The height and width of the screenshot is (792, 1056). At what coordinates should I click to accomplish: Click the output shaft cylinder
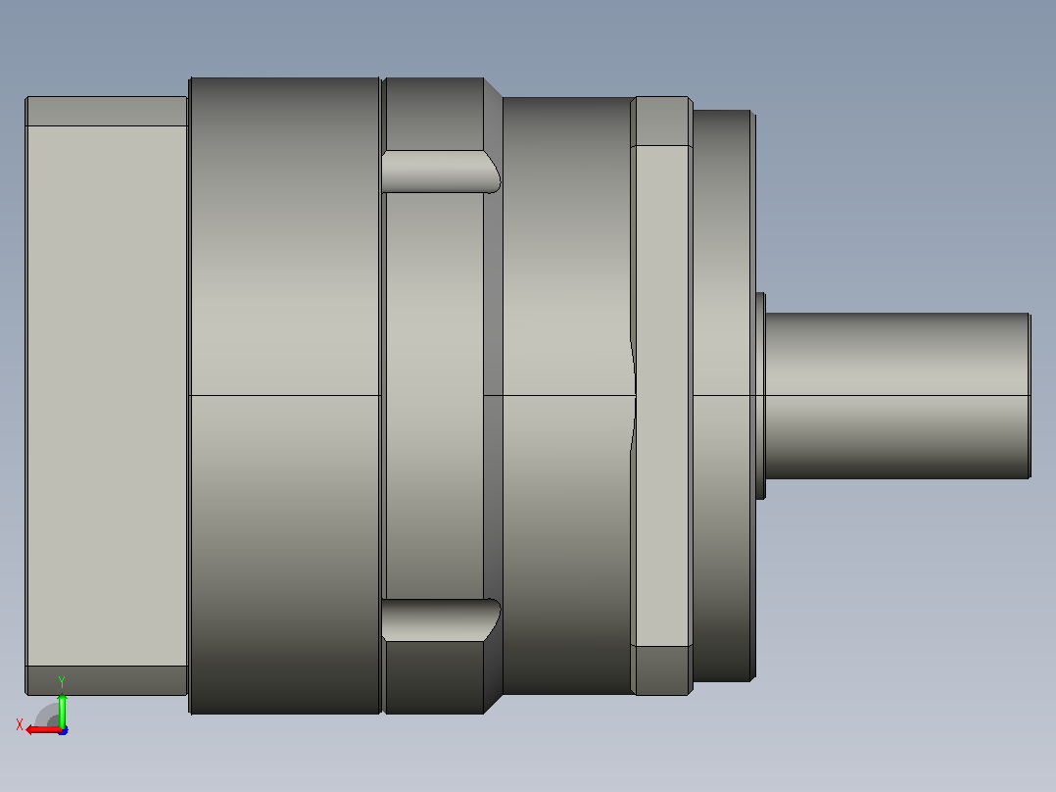pyautogui.click(x=897, y=396)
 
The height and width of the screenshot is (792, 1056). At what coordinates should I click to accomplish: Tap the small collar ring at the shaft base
pyautogui.click(x=760, y=396)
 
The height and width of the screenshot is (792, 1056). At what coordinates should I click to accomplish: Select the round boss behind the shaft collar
pyautogui.click(x=722, y=396)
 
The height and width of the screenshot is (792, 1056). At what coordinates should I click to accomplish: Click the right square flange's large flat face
pyautogui.click(x=663, y=396)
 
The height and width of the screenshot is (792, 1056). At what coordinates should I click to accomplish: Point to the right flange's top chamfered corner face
pyautogui.click(x=662, y=122)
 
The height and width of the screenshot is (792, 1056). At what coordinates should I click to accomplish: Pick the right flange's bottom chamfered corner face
pyautogui.click(x=662, y=670)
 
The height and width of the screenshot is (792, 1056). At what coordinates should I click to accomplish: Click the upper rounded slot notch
pyautogui.click(x=441, y=172)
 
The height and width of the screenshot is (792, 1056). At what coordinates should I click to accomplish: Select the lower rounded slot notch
pyautogui.click(x=441, y=620)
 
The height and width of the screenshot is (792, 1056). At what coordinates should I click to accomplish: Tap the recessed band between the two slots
pyautogui.click(x=434, y=396)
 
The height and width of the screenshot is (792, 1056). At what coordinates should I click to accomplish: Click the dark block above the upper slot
pyautogui.click(x=434, y=114)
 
